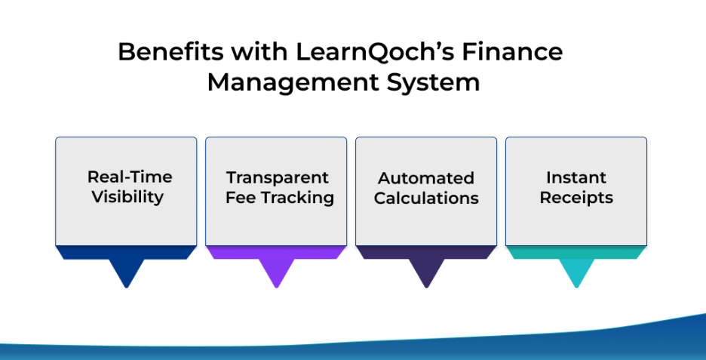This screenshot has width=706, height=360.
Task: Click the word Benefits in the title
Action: (170, 51)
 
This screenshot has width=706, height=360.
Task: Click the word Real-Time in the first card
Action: (130, 177)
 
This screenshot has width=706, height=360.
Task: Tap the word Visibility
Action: (128, 197)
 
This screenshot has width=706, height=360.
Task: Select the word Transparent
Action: (278, 177)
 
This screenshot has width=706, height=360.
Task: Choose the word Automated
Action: (426, 178)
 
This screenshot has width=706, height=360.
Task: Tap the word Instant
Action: (576, 177)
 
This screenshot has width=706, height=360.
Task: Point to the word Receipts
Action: (576, 198)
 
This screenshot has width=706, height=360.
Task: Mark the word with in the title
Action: (259, 51)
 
